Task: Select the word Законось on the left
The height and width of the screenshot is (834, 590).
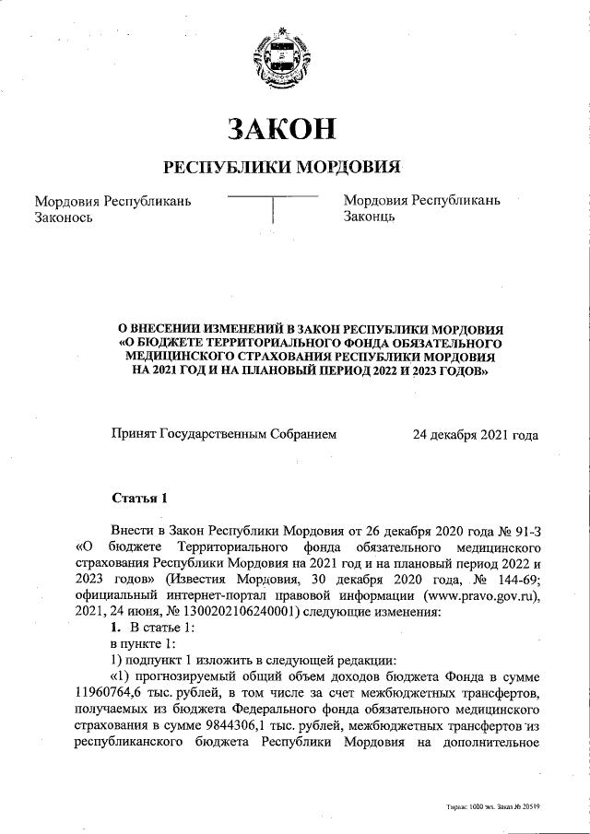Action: pyautogui.click(x=64, y=217)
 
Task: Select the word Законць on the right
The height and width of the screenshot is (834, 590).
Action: pyautogui.click(x=370, y=217)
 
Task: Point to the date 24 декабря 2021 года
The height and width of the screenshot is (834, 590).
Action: pyautogui.click(x=476, y=432)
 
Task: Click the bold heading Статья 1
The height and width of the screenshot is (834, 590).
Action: pyautogui.click(x=139, y=499)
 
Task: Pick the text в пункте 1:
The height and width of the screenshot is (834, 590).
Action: pyautogui.click(x=138, y=643)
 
